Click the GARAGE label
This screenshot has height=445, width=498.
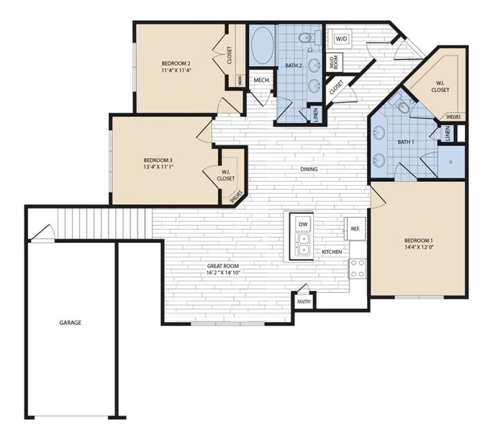[x=70, y=322]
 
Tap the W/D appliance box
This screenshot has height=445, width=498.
[x=340, y=38]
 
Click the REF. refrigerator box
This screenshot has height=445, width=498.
[x=355, y=229]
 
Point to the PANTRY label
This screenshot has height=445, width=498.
[x=303, y=302]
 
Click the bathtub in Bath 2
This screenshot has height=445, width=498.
[x=262, y=45]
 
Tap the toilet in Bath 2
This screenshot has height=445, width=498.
[x=305, y=38]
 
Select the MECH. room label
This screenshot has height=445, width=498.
[x=262, y=80]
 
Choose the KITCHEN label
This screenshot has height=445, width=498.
[x=332, y=251]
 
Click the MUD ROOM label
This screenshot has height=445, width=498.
[x=335, y=62]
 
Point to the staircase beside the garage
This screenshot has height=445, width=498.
[x=104, y=223]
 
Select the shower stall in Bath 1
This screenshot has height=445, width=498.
[x=452, y=161]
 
